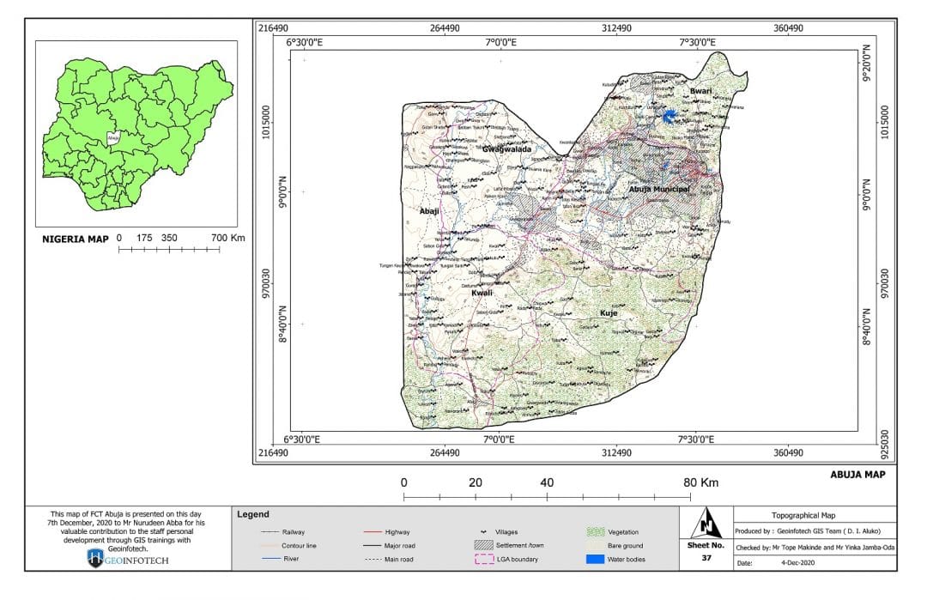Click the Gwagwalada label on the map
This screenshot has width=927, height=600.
pyautogui.click(x=506, y=148)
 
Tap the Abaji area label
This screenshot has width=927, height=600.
pyautogui.click(x=429, y=210)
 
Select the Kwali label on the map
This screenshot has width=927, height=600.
pyautogui.click(x=482, y=293)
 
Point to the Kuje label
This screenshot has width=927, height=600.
pyautogui.click(x=609, y=313)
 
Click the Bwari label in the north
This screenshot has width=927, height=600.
pyautogui.click(x=701, y=90)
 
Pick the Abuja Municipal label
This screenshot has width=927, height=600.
pyautogui.click(x=659, y=189)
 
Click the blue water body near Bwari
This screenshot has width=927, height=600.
pyautogui.click(x=669, y=116)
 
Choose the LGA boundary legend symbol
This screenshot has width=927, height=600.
pyautogui.click(x=486, y=560)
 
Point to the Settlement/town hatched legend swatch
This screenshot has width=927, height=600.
pyautogui.click(x=486, y=546)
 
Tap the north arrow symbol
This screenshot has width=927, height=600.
pyautogui.click(x=706, y=522)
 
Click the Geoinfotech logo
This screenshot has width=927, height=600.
pyautogui.click(x=95, y=559)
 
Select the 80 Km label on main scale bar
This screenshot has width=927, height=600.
pyautogui.click(x=700, y=482)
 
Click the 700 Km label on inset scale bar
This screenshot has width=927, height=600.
pyautogui.click(x=227, y=238)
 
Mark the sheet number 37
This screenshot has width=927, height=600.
pyautogui.click(x=706, y=559)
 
